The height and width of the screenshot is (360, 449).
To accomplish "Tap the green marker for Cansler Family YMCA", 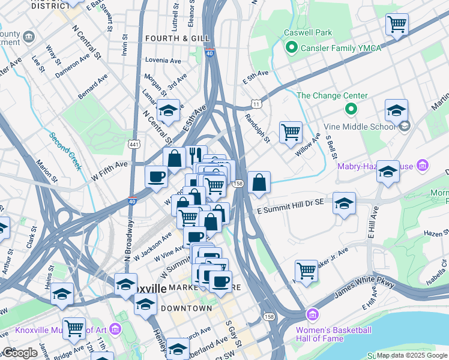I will pyautogui.click(x=292, y=48).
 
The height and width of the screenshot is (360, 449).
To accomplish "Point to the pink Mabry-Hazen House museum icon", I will pyautogui.click(x=423, y=165).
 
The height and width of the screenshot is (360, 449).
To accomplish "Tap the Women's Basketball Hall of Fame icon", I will pyautogui.click(x=312, y=314).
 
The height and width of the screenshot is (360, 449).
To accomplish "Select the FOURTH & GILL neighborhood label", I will pyautogui.click(x=178, y=38).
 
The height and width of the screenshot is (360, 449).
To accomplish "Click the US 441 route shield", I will pyautogui.click(x=133, y=144).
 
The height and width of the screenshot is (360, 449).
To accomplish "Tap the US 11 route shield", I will pyautogui.click(x=256, y=104).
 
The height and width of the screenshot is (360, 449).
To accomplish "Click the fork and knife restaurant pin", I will pyautogui.click(x=196, y=155).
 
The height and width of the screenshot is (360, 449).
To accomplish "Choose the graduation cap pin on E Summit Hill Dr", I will pyautogui.click(x=344, y=203).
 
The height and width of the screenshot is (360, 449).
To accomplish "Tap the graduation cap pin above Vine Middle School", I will pyautogui.click(x=396, y=110).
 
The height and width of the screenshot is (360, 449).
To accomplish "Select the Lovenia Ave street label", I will pyautogui.click(x=163, y=61).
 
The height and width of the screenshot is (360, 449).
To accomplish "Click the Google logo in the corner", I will pyautogui.click(x=20, y=353).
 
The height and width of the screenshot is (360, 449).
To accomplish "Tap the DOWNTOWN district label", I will pyautogui.click(x=186, y=308).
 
